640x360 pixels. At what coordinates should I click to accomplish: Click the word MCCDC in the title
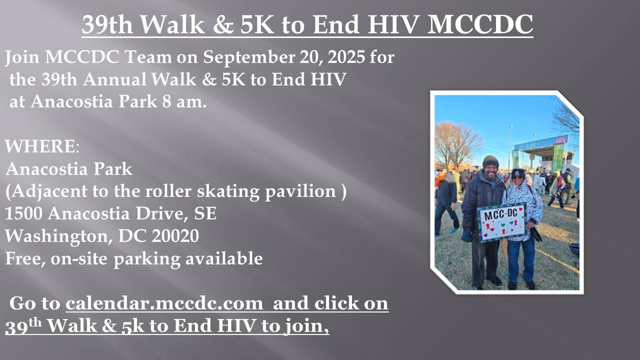pos(480,24)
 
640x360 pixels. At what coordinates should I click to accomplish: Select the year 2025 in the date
pos(346,57)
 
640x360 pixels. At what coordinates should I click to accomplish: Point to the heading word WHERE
pos(40,146)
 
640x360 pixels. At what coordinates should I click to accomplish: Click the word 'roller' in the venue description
pos(168,191)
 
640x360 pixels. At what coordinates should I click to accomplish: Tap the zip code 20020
pos(175,235)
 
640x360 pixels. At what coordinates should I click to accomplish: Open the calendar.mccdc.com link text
pos(164,303)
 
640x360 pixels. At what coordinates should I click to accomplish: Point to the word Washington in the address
pos(58,236)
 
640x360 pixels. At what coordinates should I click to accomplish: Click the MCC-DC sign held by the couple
pos(502,222)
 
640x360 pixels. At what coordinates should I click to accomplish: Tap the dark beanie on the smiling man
pos(490,161)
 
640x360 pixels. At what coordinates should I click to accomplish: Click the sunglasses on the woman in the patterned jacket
pos(517,177)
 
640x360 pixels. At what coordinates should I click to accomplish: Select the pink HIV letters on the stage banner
pos(560,140)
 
